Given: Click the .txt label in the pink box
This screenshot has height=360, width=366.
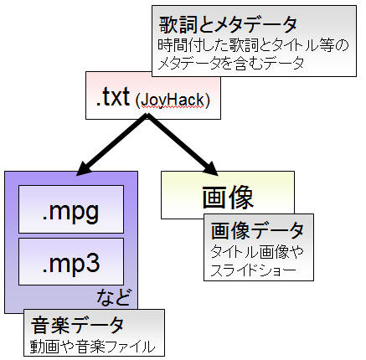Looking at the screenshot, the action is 113,97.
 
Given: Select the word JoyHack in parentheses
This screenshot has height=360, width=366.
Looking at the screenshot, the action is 173,100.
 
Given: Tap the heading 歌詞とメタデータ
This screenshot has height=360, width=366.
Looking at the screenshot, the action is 228,24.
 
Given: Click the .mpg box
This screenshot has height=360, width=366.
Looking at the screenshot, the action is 71,209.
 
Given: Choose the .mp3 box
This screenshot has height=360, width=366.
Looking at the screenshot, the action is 71,261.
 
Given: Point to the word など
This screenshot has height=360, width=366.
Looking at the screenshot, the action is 113,297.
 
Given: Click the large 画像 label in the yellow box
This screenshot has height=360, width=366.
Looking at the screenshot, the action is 228,198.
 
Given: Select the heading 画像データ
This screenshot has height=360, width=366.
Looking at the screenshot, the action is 257,231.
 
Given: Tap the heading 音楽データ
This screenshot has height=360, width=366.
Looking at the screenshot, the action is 77,325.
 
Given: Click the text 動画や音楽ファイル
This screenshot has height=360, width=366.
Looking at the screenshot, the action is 92,347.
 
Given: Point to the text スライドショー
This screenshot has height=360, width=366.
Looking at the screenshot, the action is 253,270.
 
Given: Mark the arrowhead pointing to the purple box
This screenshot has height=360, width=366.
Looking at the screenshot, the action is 85,168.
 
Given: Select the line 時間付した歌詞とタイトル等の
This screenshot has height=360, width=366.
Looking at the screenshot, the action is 253,45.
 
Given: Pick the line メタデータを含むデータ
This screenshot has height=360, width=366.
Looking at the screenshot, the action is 230,63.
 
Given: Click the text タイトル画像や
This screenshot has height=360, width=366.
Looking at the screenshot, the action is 257,252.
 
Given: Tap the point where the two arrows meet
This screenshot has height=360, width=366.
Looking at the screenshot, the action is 147,116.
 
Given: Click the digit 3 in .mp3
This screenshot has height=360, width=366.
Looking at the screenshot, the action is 92,263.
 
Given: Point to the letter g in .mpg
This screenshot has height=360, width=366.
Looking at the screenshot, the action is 91,213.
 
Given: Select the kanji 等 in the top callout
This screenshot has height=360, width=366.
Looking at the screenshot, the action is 327,45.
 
